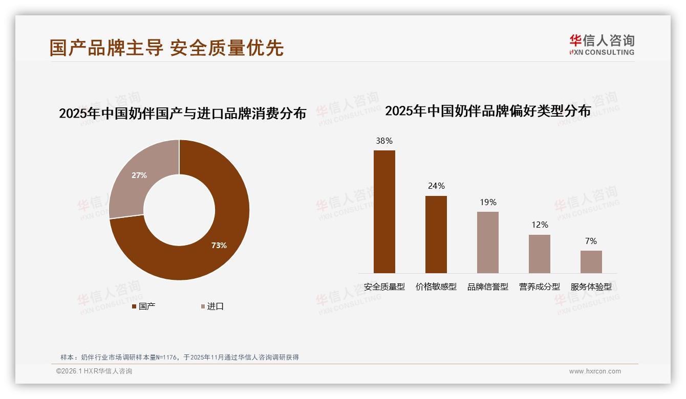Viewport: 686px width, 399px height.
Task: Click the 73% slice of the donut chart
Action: click(225, 240)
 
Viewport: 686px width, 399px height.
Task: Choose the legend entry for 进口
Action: click(211, 306)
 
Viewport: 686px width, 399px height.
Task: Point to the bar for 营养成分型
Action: click(539, 254)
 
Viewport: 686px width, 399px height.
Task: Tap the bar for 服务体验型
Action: click(591, 261)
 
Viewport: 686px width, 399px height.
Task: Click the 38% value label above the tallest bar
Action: click(384, 141)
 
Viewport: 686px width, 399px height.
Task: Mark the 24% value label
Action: click(436, 186)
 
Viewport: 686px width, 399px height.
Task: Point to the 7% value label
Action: click(591, 241)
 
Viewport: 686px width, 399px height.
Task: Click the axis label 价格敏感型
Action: click(436, 287)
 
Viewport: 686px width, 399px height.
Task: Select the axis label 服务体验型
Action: click(591, 287)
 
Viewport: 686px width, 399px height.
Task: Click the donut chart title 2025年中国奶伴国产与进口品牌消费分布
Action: click(182, 113)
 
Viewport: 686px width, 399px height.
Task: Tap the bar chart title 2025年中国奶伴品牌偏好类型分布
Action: click(487, 110)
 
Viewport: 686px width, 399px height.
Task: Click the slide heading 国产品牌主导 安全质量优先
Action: click(166, 48)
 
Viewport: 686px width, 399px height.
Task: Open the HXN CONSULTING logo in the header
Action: click(602, 45)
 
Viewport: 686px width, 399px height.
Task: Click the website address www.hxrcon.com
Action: click(595, 371)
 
